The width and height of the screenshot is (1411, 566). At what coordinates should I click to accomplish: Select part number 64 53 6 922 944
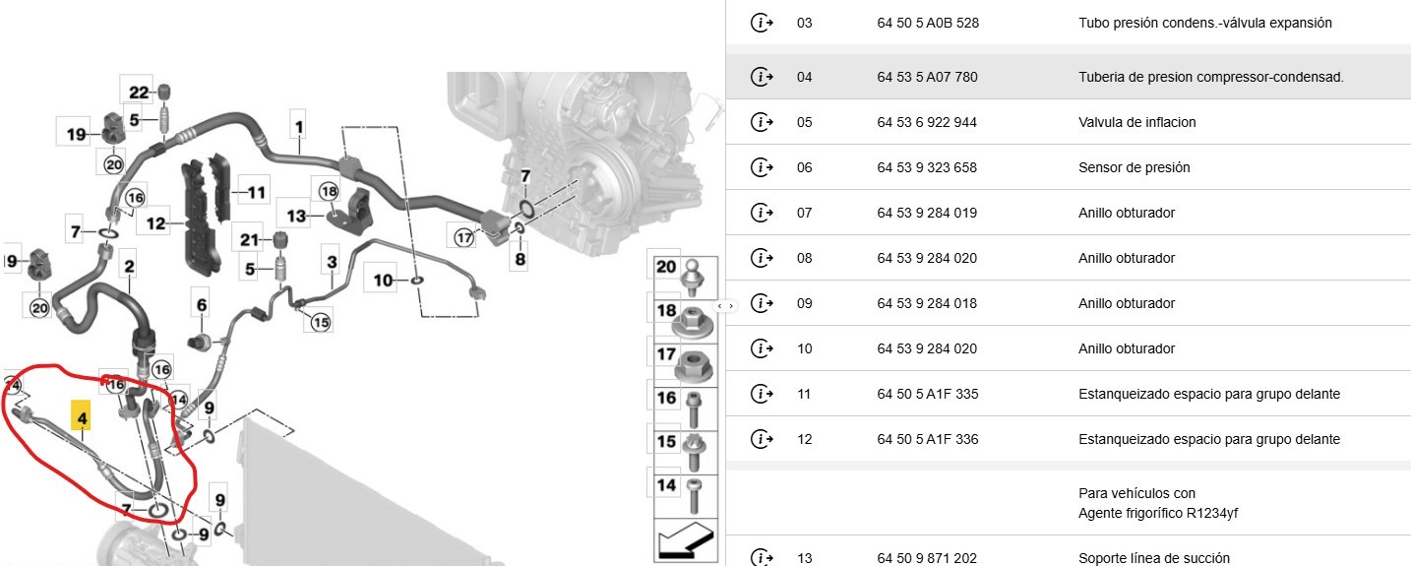[927, 122]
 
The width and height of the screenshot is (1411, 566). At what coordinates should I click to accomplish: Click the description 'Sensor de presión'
[1134, 167]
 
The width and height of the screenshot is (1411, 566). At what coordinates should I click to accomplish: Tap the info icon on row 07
[762, 213]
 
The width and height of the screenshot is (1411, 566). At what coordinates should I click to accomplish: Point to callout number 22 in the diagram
[138, 93]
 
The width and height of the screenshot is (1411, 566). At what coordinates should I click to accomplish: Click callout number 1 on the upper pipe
[299, 128]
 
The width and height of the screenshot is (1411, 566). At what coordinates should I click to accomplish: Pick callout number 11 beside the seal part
[256, 192]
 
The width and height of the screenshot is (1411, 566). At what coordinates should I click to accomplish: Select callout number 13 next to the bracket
[296, 217]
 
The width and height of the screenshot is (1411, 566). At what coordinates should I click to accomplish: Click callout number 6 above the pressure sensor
[202, 305]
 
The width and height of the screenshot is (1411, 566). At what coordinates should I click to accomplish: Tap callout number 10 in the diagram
[383, 280]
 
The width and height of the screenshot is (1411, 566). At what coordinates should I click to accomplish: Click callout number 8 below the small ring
[520, 259]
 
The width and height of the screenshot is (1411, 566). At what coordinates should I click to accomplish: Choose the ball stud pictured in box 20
[692, 278]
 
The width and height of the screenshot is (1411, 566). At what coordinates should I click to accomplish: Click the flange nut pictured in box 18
[693, 322]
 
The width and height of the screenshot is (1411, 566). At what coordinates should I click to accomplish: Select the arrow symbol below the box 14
[686, 540]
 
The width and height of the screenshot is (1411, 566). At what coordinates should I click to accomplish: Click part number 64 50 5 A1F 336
[927, 439]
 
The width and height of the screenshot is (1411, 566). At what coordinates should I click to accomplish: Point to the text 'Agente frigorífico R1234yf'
[1158, 513]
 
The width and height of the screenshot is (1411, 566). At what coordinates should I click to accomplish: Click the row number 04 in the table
[805, 77]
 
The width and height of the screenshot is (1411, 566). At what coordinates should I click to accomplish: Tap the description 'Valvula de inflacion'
[1137, 122]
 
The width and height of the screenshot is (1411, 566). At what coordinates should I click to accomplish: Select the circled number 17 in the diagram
[464, 237]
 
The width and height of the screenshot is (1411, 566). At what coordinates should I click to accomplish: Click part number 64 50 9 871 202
[927, 558]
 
